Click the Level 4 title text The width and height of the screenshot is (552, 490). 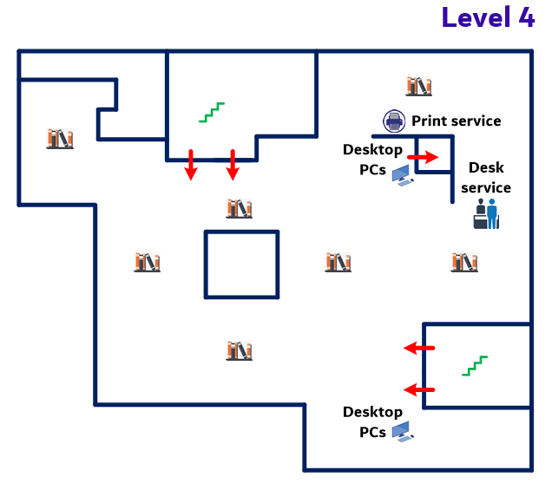tap(488, 17)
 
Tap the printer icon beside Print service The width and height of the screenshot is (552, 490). tap(395, 121)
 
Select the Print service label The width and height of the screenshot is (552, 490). tap(456, 121)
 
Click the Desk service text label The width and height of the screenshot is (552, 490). tap(485, 177)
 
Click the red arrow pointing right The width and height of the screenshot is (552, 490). tap(424, 157)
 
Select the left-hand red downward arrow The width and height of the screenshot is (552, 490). tap(191, 165)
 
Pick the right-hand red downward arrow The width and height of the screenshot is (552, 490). tap(232, 165)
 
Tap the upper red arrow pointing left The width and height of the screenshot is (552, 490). tap(419, 349)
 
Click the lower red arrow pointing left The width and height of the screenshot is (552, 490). tap(419, 389)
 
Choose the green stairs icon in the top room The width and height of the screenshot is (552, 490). tap(212, 111)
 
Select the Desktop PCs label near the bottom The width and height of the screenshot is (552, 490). tap(372, 421)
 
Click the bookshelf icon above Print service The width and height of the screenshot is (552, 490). tap(418, 86)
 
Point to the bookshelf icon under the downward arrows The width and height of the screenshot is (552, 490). tap(238, 208)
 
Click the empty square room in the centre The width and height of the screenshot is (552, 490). tap(241, 264)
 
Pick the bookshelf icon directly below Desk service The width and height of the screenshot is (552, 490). tap(464, 261)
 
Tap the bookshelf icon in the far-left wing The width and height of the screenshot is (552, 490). tap(60, 138)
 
